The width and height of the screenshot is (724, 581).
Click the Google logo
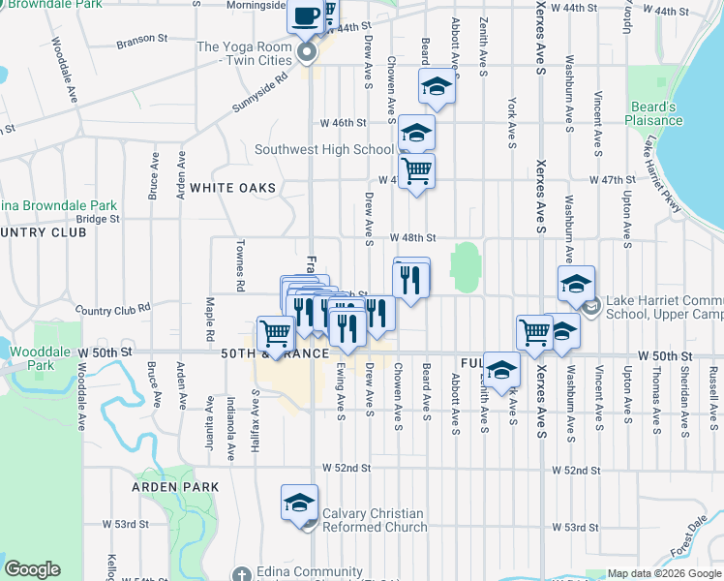32,569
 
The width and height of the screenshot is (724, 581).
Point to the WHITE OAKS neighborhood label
232,187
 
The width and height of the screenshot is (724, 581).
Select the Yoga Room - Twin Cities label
244,53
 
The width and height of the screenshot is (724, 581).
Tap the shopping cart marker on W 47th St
416,171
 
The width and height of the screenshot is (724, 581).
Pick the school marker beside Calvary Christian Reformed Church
300,503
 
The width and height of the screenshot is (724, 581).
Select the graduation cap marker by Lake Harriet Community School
576,285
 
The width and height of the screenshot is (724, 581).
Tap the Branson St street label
142,42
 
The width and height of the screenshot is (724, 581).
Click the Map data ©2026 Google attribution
663,574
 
